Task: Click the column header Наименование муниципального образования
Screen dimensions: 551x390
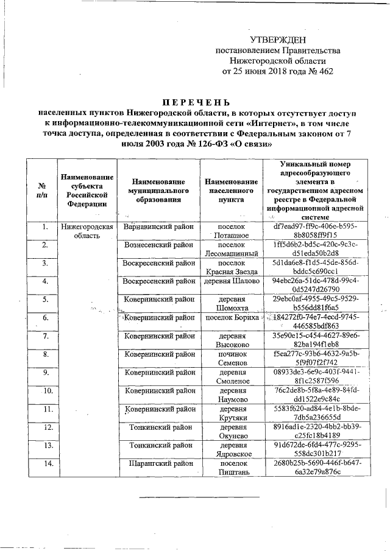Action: point(157,191)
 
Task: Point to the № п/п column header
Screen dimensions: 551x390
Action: point(42,190)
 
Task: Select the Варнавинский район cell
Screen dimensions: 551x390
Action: point(157,226)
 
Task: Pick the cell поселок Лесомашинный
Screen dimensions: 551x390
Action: point(231,250)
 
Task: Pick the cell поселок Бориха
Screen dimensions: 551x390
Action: point(231,318)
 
